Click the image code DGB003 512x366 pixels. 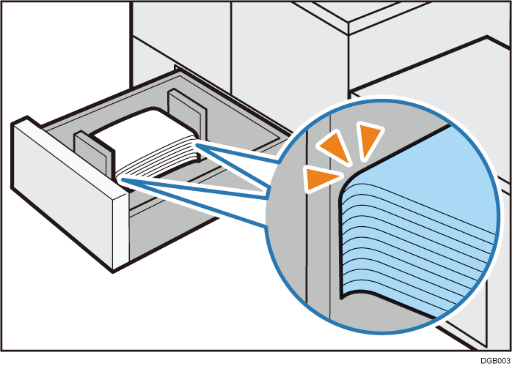click(495, 361)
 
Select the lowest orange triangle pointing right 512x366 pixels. click(321, 179)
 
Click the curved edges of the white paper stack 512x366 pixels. click(157, 160)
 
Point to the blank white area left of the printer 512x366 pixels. click(65, 59)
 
